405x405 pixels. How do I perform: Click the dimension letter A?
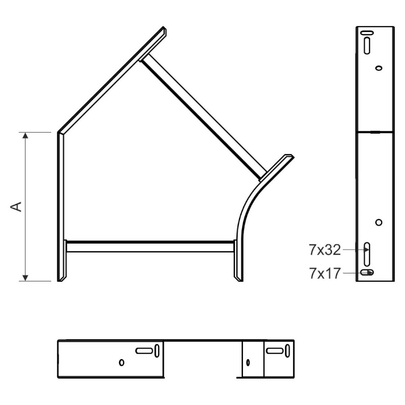coord(16,207)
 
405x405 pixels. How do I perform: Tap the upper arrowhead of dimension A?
coord(25,135)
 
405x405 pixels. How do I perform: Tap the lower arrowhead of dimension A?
coord(25,278)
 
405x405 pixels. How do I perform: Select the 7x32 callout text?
coord(324,250)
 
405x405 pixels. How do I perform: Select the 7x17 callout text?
coord(324,274)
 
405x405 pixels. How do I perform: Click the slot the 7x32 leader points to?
coord(367,254)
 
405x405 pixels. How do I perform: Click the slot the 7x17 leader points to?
coord(367,272)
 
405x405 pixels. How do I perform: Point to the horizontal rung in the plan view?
coord(150,247)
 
